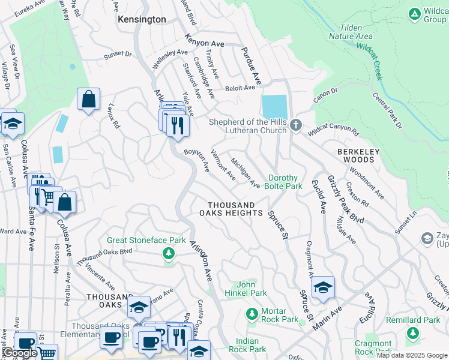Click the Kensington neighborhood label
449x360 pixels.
pos(142,19)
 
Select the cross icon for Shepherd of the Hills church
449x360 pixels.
pos(295,125)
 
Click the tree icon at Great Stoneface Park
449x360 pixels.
pos(169,254)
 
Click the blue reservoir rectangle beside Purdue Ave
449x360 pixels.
pos(274,107)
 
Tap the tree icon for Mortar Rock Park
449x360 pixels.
pos(252,313)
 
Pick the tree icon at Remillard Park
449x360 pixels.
pos(412,332)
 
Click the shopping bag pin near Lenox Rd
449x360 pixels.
pos(88,100)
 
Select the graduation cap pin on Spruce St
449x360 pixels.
pos(323,287)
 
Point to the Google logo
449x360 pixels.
pos(19,353)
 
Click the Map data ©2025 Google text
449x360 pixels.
pos(412,355)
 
